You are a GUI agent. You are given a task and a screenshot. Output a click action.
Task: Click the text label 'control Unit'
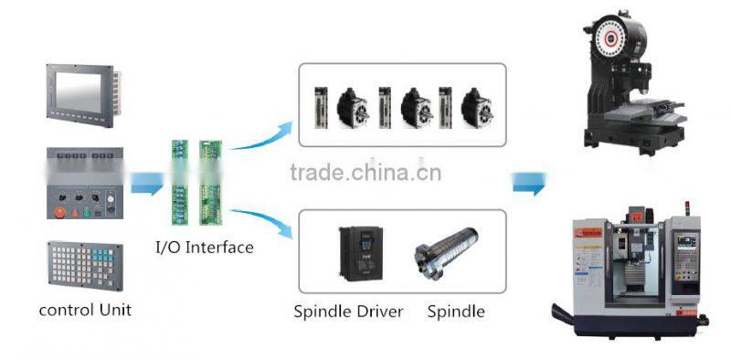pos(85,310)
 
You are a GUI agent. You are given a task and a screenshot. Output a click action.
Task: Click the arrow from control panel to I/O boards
pos(146,185)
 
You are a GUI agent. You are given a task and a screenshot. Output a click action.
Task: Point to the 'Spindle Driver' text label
pos(348,312)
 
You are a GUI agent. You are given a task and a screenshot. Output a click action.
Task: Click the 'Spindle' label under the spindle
pos(455,312)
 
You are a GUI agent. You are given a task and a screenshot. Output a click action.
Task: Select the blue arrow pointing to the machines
pos(528,183)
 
